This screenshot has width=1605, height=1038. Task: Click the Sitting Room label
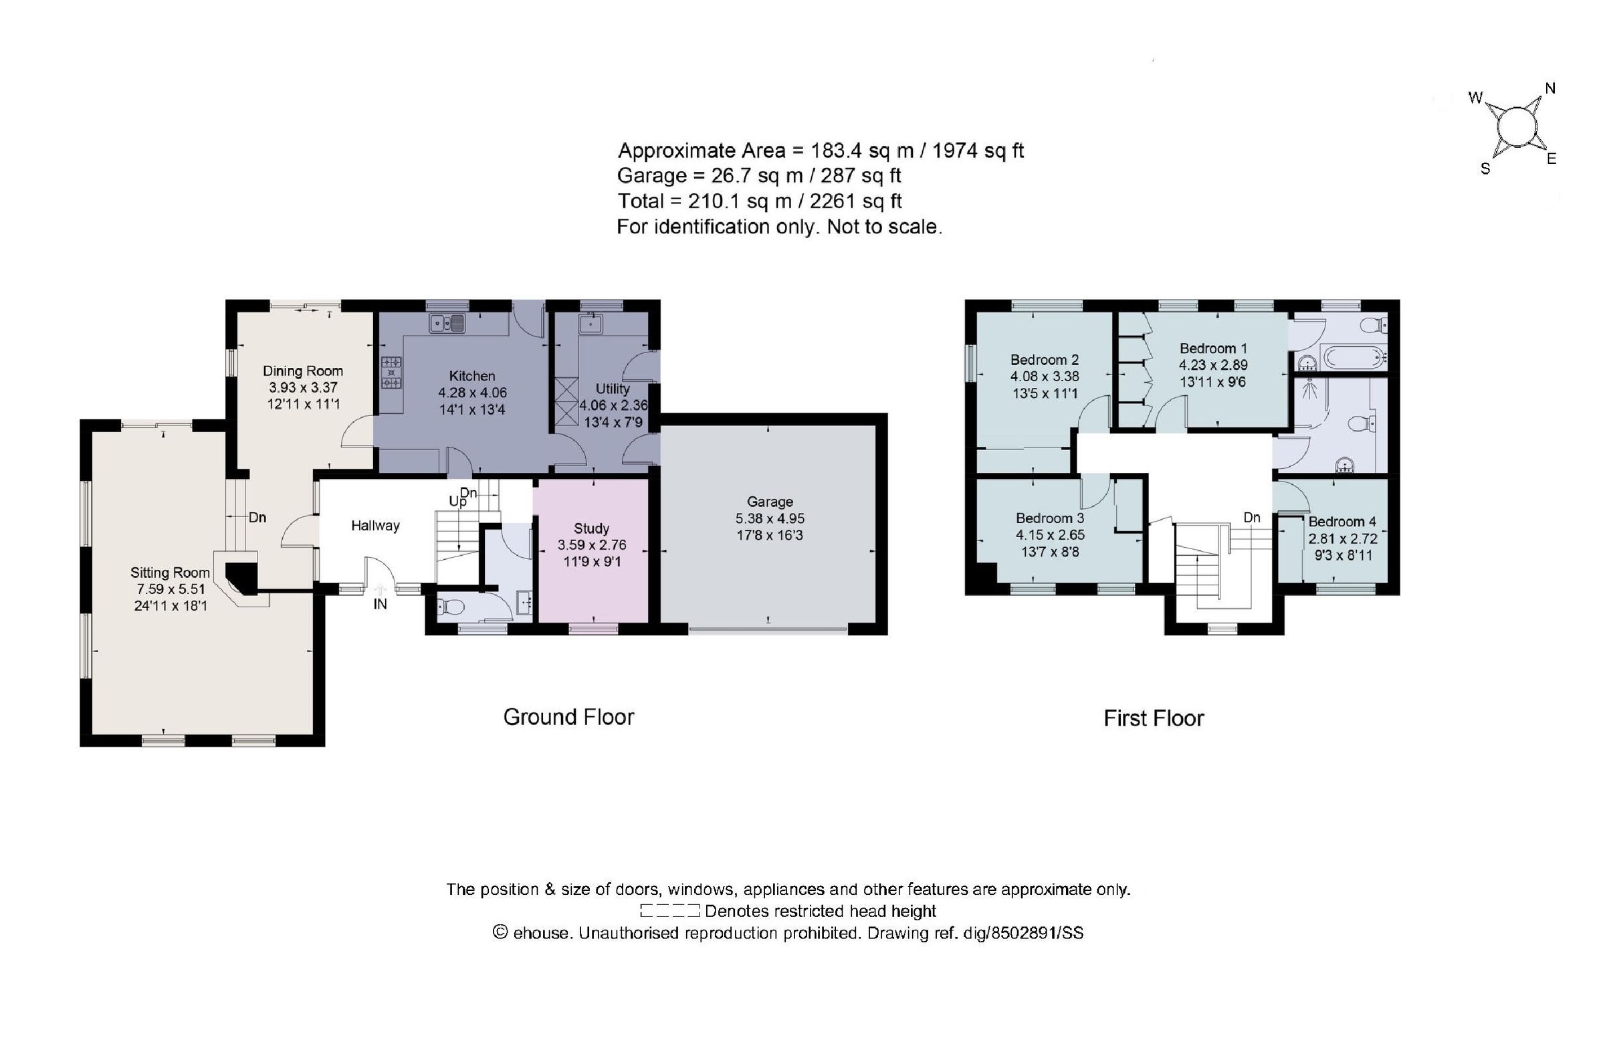coord(170,573)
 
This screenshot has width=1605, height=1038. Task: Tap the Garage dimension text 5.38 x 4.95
coord(770,518)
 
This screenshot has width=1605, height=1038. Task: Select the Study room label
coord(591,528)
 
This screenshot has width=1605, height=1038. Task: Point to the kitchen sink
coord(448,324)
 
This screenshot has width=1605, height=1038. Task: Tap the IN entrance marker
coord(380,604)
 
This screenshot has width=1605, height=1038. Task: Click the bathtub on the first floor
coord(1352,356)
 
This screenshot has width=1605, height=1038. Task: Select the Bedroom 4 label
coord(1342,521)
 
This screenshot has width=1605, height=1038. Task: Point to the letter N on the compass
coord(1549,88)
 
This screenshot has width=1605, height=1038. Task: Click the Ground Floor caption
coord(568,716)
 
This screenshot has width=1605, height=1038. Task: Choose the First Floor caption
coord(1153,718)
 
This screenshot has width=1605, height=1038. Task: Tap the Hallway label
coord(375,525)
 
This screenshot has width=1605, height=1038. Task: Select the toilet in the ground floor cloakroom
coord(451,608)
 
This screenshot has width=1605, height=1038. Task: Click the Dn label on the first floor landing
coord(1251,517)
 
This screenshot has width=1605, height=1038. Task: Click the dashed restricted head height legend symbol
coord(669,911)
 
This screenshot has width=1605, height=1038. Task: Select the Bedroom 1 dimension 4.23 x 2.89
coord(1213,365)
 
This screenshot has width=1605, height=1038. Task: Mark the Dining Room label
coord(302,371)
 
